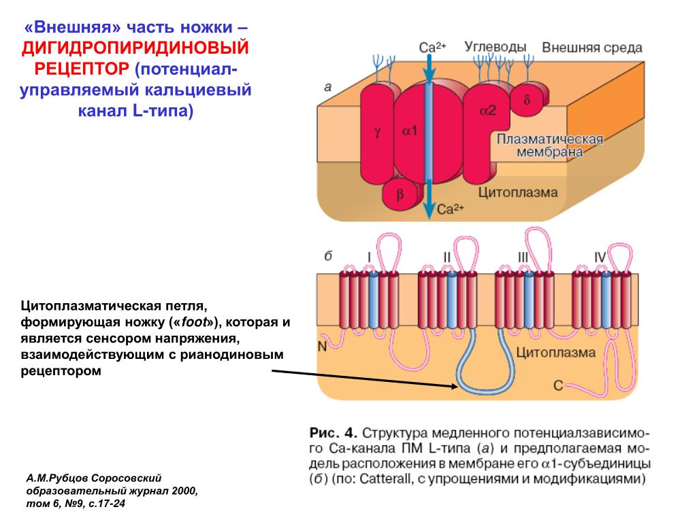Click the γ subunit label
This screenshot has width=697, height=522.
(377, 132)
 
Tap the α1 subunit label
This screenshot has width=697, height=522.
(409, 130)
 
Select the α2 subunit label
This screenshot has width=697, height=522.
(487, 109)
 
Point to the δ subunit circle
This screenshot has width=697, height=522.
(528, 100)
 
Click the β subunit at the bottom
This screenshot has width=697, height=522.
(400, 194)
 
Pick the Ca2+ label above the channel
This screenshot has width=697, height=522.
(432, 47)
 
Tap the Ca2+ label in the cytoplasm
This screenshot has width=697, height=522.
(451, 209)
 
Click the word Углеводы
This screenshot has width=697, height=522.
(496, 47)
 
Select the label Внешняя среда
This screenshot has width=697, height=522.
(592, 48)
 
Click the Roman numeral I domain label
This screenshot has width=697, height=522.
(368, 257)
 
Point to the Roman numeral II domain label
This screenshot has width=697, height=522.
(447, 257)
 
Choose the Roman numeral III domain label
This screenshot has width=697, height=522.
(523, 257)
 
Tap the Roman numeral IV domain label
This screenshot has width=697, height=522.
(600, 257)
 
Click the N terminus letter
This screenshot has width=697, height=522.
(322, 346)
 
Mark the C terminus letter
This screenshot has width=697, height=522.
(558, 386)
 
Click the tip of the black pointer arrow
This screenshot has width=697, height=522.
(457, 387)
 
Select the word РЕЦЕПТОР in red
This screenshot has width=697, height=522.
(82, 69)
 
